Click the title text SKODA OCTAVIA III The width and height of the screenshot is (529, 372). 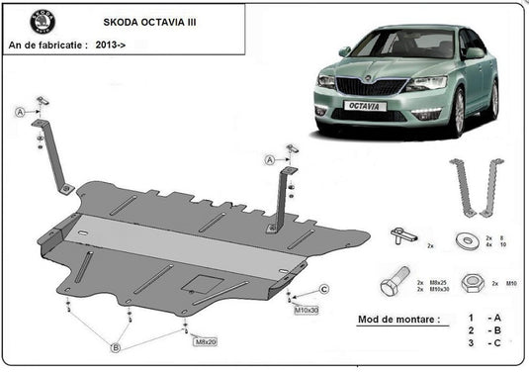point(149,20)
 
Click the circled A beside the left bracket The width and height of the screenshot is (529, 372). point(21,113)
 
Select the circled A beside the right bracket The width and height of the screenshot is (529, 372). point(268,159)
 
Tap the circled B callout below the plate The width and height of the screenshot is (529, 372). point(116,346)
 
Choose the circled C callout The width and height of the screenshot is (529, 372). point(323,288)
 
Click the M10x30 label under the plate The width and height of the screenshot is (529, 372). point(306,311)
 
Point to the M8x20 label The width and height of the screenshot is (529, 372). point(204,341)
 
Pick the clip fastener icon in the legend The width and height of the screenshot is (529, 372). point(401,235)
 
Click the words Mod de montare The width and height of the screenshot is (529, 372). point(395,321)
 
